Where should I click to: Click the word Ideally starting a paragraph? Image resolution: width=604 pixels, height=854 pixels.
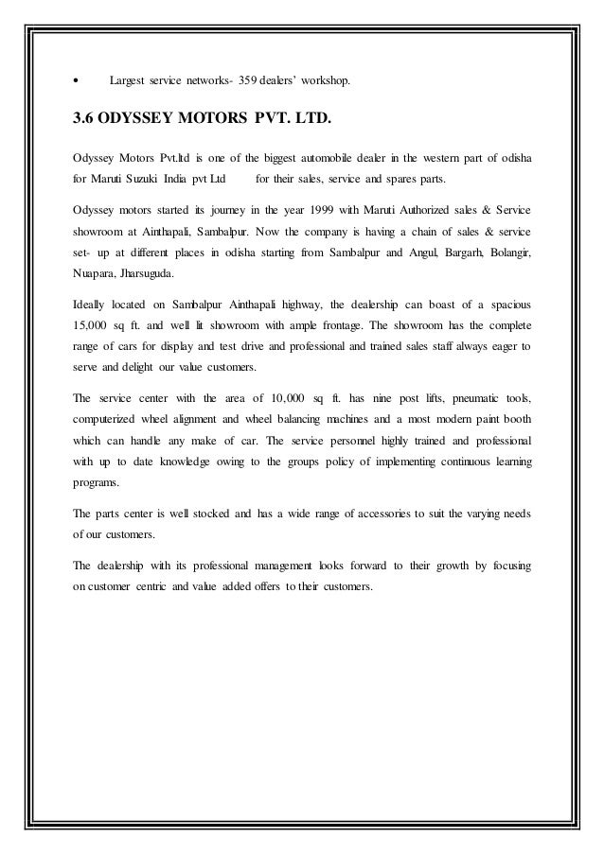92,307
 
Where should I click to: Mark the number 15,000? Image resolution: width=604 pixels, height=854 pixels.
93,329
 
